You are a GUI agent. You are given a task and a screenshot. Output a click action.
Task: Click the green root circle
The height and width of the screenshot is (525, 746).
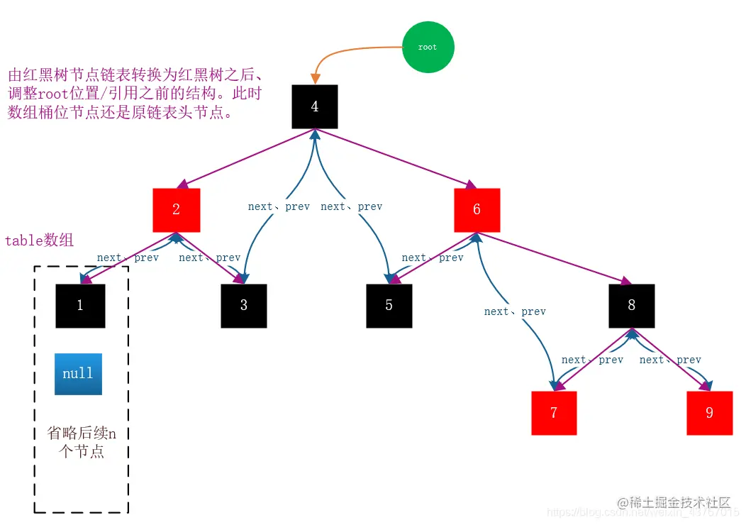pyautogui.click(x=428, y=47)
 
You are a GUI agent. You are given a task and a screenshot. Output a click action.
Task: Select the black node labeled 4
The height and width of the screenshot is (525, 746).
pyautogui.click(x=315, y=106)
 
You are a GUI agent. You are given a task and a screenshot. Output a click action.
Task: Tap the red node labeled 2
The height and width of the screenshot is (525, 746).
pyautogui.click(x=176, y=210)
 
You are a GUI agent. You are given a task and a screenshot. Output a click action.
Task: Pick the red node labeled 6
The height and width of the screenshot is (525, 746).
pyautogui.click(x=477, y=210)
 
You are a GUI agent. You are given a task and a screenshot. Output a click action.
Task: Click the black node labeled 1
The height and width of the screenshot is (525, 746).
pyautogui.click(x=80, y=306)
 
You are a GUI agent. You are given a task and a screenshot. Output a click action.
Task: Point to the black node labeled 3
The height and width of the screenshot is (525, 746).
pyautogui.click(x=244, y=306)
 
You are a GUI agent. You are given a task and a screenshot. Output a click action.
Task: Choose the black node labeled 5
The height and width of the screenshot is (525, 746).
pyautogui.click(x=389, y=306)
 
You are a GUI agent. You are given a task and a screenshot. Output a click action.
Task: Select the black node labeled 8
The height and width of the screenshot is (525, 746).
pyautogui.click(x=631, y=306)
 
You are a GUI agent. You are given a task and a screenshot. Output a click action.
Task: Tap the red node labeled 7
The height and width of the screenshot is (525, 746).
pyautogui.click(x=554, y=413)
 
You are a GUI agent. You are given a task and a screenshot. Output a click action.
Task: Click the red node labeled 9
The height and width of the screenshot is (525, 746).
pyautogui.click(x=709, y=413)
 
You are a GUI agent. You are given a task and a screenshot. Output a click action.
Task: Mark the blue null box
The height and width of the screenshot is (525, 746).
pyautogui.click(x=78, y=374)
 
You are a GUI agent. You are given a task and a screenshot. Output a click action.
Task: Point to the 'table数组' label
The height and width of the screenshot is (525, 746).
pyautogui.click(x=39, y=241)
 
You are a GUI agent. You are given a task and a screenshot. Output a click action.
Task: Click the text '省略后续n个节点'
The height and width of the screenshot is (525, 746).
pyautogui.click(x=82, y=442)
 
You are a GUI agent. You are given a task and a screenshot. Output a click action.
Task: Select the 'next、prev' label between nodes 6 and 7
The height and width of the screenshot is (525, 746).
pyautogui.click(x=515, y=311)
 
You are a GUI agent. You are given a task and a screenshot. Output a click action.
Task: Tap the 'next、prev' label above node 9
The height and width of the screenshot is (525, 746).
pyautogui.click(x=670, y=360)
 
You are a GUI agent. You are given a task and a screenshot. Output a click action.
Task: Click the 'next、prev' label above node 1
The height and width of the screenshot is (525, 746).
pyautogui.click(x=128, y=258)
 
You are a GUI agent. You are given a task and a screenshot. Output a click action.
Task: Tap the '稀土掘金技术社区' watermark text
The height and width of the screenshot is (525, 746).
pyautogui.click(x=674, y=502)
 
